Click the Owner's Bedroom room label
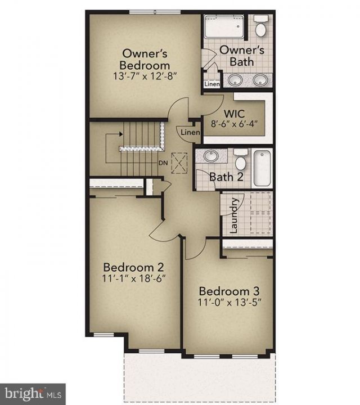pos(145,60)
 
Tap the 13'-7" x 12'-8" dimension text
pos(145,76)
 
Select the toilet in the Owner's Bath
pos(261,26)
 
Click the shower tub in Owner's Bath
pos(224,26)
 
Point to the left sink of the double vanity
pos(235,79)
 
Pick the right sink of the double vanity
pos(260,79)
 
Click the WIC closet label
pos(234,114)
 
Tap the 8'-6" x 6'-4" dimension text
pos(234,124)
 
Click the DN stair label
pos(163,163)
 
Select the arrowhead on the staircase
pos(120,134)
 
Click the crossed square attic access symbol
pos(179,163)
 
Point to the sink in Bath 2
pos(211,156)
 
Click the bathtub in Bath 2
pos(262,168)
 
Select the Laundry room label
pos(233,215)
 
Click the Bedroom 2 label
pos(133,267)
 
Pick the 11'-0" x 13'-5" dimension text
pos(229,302)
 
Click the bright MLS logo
pos(33,394)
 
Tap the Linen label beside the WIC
pos(190,133)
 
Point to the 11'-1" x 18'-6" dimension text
pos(134,278)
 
